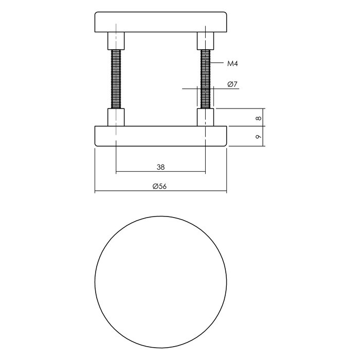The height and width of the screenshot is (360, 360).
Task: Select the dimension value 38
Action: [x=160, y=167]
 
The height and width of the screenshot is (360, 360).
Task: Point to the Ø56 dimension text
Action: [x=160, y=187]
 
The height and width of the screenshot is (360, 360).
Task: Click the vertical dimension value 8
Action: [x=259, y=118]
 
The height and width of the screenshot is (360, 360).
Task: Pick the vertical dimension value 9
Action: [x=259, y=136]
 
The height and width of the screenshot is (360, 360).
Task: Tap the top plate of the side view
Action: [x=161, y=22]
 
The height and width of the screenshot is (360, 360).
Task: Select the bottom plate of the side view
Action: [x=161, y=136]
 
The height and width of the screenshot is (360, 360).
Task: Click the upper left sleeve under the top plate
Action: [x=116, y=40]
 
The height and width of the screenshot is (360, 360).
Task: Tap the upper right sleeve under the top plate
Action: [x=206, y=40]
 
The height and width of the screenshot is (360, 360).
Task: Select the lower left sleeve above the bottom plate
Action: [x=116, y=117]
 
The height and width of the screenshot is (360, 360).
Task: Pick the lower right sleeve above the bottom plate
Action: [x=206, y=117]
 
